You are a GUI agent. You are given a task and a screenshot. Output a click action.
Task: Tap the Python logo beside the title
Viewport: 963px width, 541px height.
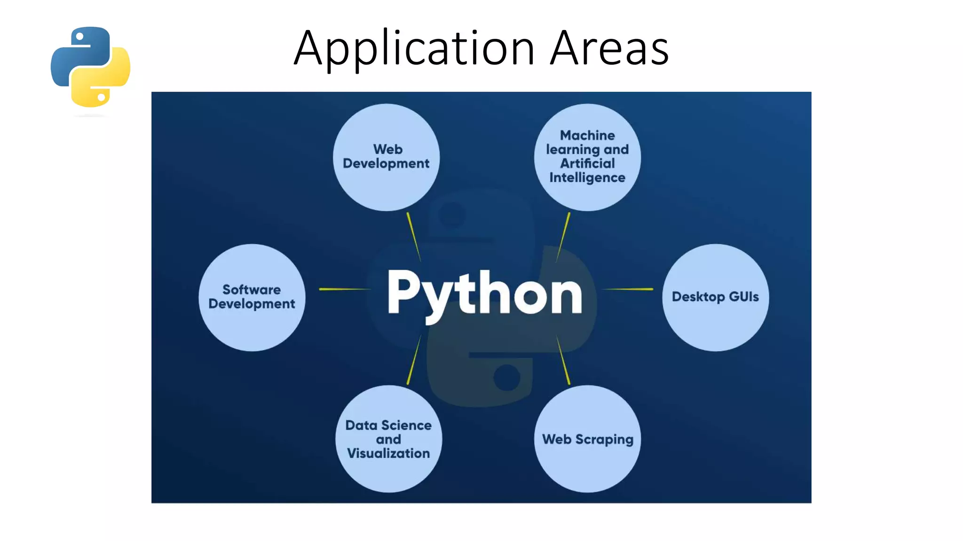click(x=90, y=67)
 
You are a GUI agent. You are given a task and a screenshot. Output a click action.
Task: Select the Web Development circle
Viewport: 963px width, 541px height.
click(x=386, y=157)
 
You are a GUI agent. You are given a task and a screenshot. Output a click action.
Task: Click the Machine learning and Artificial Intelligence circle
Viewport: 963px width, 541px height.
click(x=587, y=157)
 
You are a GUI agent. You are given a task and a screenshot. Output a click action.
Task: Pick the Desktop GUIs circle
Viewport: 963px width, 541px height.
click(x=715, y=297)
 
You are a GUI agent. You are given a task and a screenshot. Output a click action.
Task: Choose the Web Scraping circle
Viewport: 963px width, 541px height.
click(x=587, y=439)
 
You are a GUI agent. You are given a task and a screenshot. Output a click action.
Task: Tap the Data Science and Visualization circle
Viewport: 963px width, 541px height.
click(x=388, y=439)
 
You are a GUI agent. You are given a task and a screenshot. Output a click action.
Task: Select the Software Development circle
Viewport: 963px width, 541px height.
click(x=252, y=297)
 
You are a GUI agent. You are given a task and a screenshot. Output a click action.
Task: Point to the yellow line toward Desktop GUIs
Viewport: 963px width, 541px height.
click(x=628, y=289)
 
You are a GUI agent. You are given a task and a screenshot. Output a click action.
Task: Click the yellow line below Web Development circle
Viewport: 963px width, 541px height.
click(x=413, y=236)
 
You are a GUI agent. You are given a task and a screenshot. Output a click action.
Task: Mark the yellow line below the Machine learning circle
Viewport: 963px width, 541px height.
click(x=563, y=236)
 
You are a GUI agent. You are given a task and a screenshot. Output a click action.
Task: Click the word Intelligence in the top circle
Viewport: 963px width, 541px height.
click(x=587, y=178)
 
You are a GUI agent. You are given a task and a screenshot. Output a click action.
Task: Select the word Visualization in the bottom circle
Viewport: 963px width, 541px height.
click(x=388, y=453)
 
